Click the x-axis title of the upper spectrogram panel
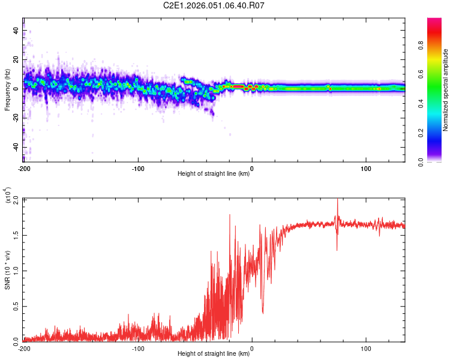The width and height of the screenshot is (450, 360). [214, 173]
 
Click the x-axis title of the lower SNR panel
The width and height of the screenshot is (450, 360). [214, 353]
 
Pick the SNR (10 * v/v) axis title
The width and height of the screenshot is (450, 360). [7, 270]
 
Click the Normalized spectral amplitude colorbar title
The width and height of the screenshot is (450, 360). [446, 90]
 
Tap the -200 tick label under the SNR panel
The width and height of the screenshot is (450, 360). [24, 348]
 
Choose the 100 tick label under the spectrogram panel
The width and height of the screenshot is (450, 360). [366, 168]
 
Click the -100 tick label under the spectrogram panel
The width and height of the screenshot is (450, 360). [138, 168]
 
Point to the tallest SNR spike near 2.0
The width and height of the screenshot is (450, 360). [337, 200]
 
